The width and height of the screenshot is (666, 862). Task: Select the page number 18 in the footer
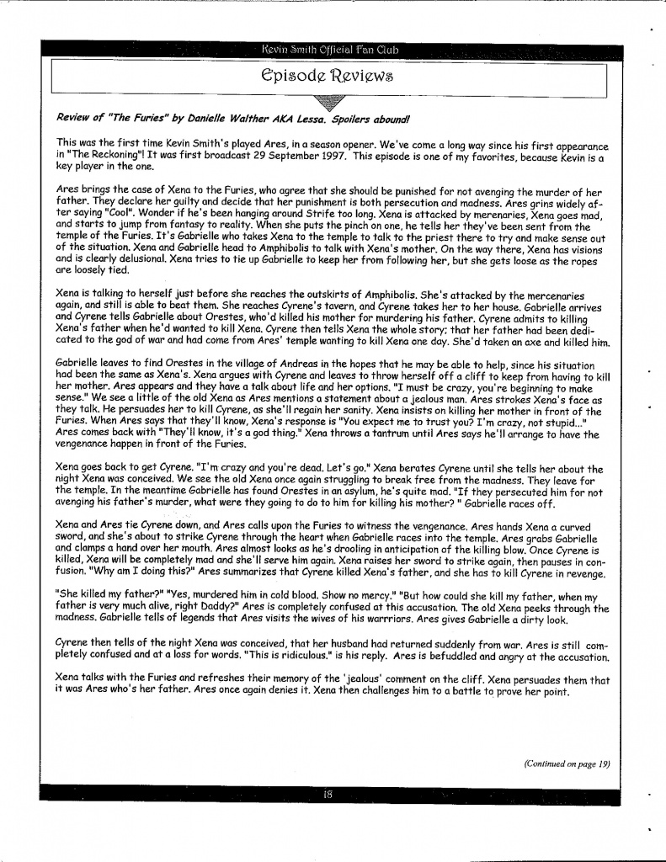(328, 793)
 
